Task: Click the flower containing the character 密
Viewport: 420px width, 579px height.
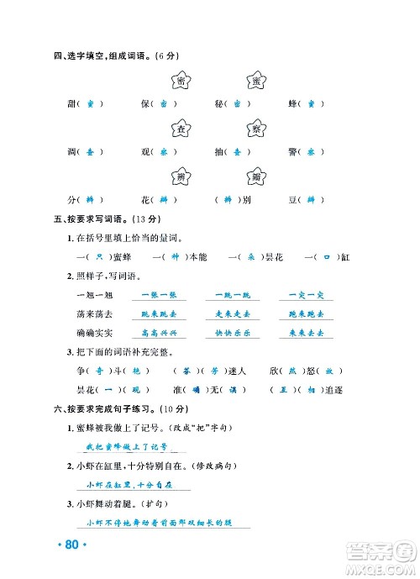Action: coord(181,81)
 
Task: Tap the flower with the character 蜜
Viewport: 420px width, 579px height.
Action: coord(255,81)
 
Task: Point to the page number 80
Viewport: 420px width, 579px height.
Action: coord(71,545)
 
